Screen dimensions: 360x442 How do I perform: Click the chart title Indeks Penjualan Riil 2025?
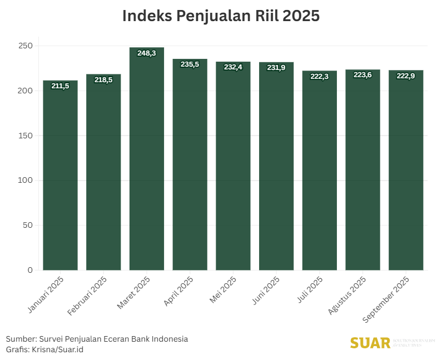coord(221,16)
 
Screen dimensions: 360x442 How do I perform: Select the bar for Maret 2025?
coord(147,161)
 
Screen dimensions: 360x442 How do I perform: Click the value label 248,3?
coord(147,53)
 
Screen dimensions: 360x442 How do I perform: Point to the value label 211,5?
coord(60,86)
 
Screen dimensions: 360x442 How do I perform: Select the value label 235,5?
coord(190,64)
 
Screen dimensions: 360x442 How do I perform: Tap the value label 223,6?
coord(363,75)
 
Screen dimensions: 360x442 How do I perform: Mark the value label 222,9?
coord(406,76)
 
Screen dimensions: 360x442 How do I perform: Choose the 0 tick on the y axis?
coord(30,270)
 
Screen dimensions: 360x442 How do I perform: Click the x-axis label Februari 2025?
coord(88,296)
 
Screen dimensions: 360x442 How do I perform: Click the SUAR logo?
coord(370,343)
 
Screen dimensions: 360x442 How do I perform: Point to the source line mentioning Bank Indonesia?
coord(97,339)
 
